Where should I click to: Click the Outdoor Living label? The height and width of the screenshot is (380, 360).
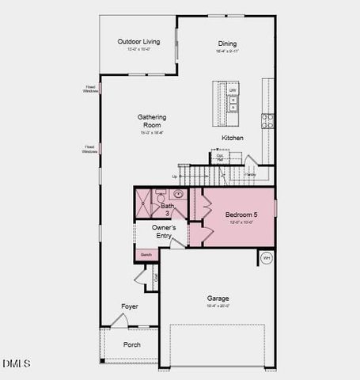point(138,42)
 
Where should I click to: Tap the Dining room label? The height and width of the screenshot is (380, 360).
point(227,44)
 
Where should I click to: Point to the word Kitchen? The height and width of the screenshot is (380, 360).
point(233,138)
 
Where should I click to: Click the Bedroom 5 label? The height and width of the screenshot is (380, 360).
point(241,215)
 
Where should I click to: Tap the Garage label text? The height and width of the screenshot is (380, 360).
point(218,298)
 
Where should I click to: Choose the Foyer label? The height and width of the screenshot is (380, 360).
point(130,306)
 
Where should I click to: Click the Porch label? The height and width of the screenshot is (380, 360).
point(132,345)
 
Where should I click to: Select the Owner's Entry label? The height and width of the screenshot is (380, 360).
point(163,231)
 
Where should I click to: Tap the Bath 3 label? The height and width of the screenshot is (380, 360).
point(168,209)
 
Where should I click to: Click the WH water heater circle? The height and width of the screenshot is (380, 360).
point(267,257)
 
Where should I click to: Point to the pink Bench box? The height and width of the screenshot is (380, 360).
point(145,255)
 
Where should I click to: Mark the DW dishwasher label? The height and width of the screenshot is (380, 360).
point(233,90)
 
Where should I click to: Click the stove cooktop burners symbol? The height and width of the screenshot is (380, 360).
point(267,120)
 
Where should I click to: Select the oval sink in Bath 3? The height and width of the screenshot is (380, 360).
point(179,193)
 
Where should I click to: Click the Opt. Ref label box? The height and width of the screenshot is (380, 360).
point(221,157)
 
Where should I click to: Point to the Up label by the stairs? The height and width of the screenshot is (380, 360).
point(174,177)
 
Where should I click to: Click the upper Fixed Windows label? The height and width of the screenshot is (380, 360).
point(91,89)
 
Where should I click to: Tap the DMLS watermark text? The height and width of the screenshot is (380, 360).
point(16,363)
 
